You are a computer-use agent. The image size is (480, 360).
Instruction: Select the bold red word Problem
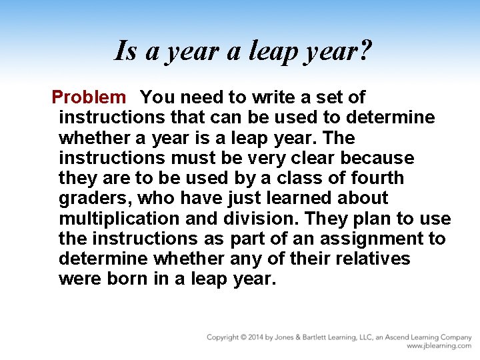[88, 97]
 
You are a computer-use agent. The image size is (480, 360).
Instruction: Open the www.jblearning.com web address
[439, 346]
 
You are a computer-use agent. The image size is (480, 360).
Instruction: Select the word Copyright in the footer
[223, 337]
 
